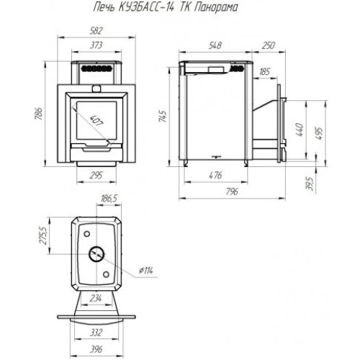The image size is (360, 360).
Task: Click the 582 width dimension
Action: [x=96, y=31]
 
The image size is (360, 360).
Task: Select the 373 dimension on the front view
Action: [x=96, y=45]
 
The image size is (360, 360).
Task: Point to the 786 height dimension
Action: [x=40, y=114]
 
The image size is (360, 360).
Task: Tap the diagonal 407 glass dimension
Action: [x=96, y=121]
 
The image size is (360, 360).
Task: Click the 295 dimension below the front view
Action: [x=96, y=175]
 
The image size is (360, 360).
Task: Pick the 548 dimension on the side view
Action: [x=215, y=45]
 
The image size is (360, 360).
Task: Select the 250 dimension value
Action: [x=268, y=45]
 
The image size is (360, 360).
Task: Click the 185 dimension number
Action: [x=265, y=71]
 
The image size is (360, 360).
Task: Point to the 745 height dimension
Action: [x=163, y=117]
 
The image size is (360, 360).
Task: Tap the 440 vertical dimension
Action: [x=300, y=130]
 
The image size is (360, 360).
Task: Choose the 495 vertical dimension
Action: [x=320, y=133]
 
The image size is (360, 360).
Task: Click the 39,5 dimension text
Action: [x=310, y=184]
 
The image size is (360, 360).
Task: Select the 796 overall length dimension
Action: [x=232, y=192]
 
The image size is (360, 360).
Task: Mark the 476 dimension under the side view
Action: [x=216, y=175]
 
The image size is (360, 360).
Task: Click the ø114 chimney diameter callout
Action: [x=146, y=271]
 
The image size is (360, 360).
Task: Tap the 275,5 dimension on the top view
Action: [x=44, y=235]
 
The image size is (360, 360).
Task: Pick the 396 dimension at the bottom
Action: [x=96, y=349]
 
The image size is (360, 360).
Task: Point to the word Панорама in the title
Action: [x=215, y=8]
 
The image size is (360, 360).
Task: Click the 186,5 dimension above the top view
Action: [x=109, y=199]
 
